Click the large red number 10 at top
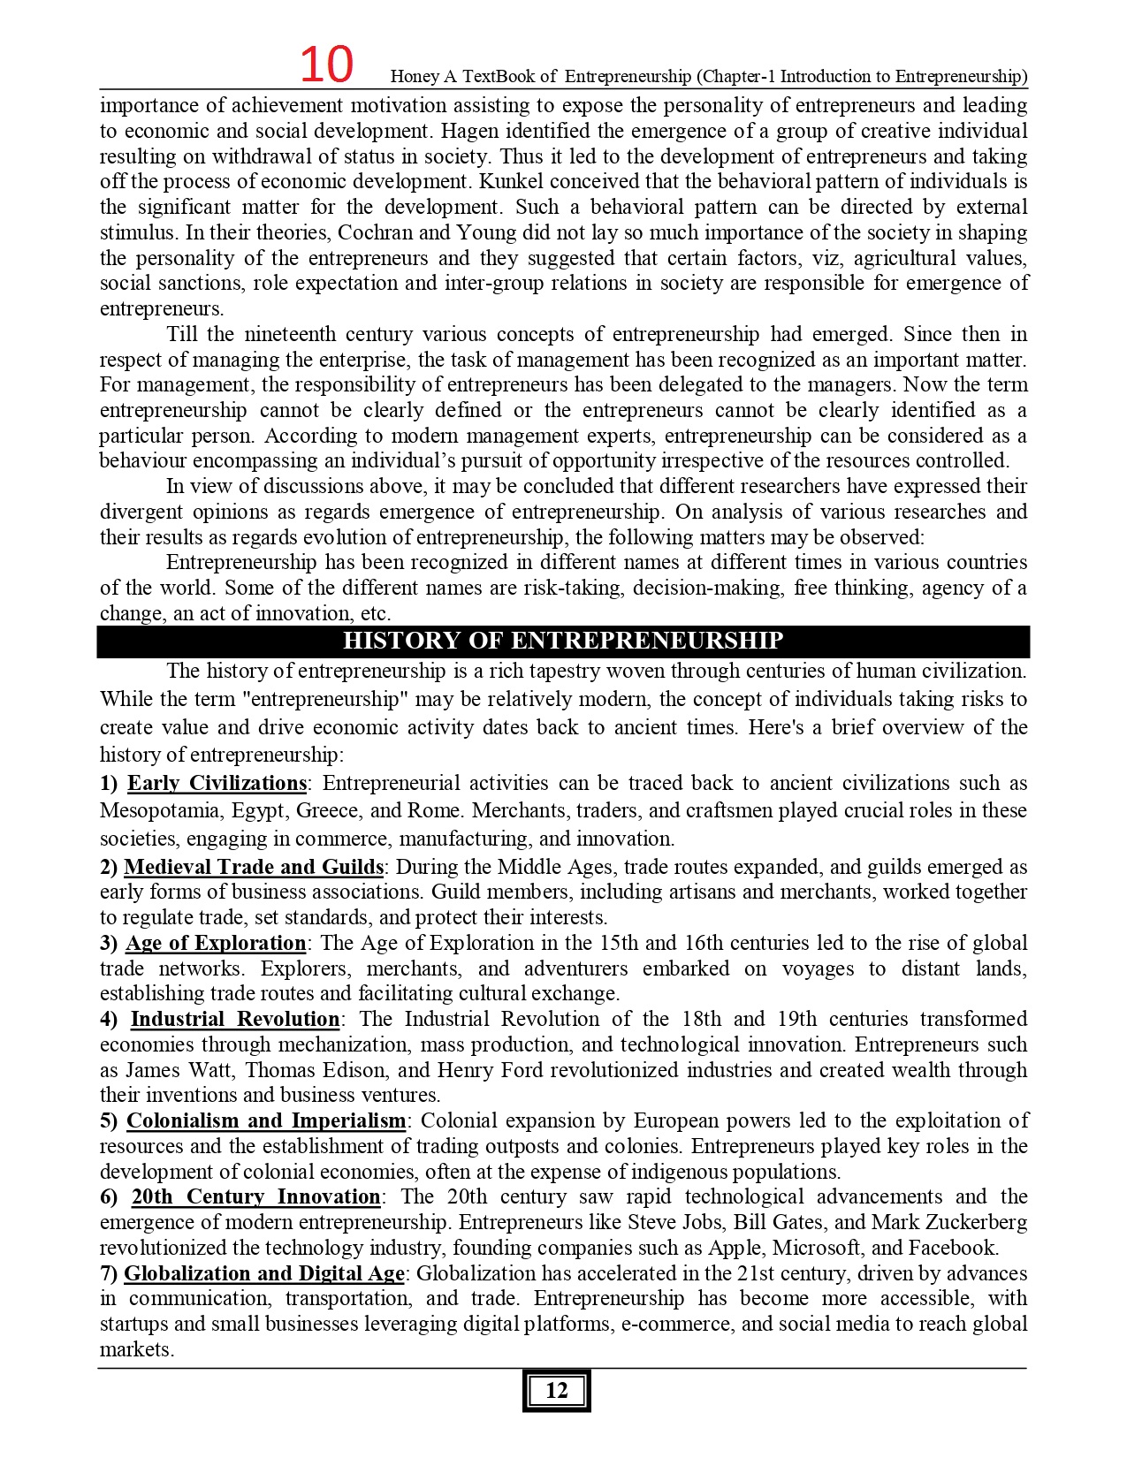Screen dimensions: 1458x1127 point(326,65)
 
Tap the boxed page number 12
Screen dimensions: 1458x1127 point(556,1391)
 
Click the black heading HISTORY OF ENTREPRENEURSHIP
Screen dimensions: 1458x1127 point(563,641)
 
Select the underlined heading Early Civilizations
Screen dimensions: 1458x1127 point(217,783)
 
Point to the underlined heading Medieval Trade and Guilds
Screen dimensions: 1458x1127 point(254,867)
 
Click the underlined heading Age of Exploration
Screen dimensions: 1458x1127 point(216,943)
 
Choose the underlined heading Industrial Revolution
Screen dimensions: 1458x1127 point(235,1019)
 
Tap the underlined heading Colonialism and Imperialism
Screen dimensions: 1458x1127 point(266,1120)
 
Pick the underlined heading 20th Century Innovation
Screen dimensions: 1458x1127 point(256,1196)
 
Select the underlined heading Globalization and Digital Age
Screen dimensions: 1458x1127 point(264,1273)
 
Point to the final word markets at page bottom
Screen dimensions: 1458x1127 point(136,1349)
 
